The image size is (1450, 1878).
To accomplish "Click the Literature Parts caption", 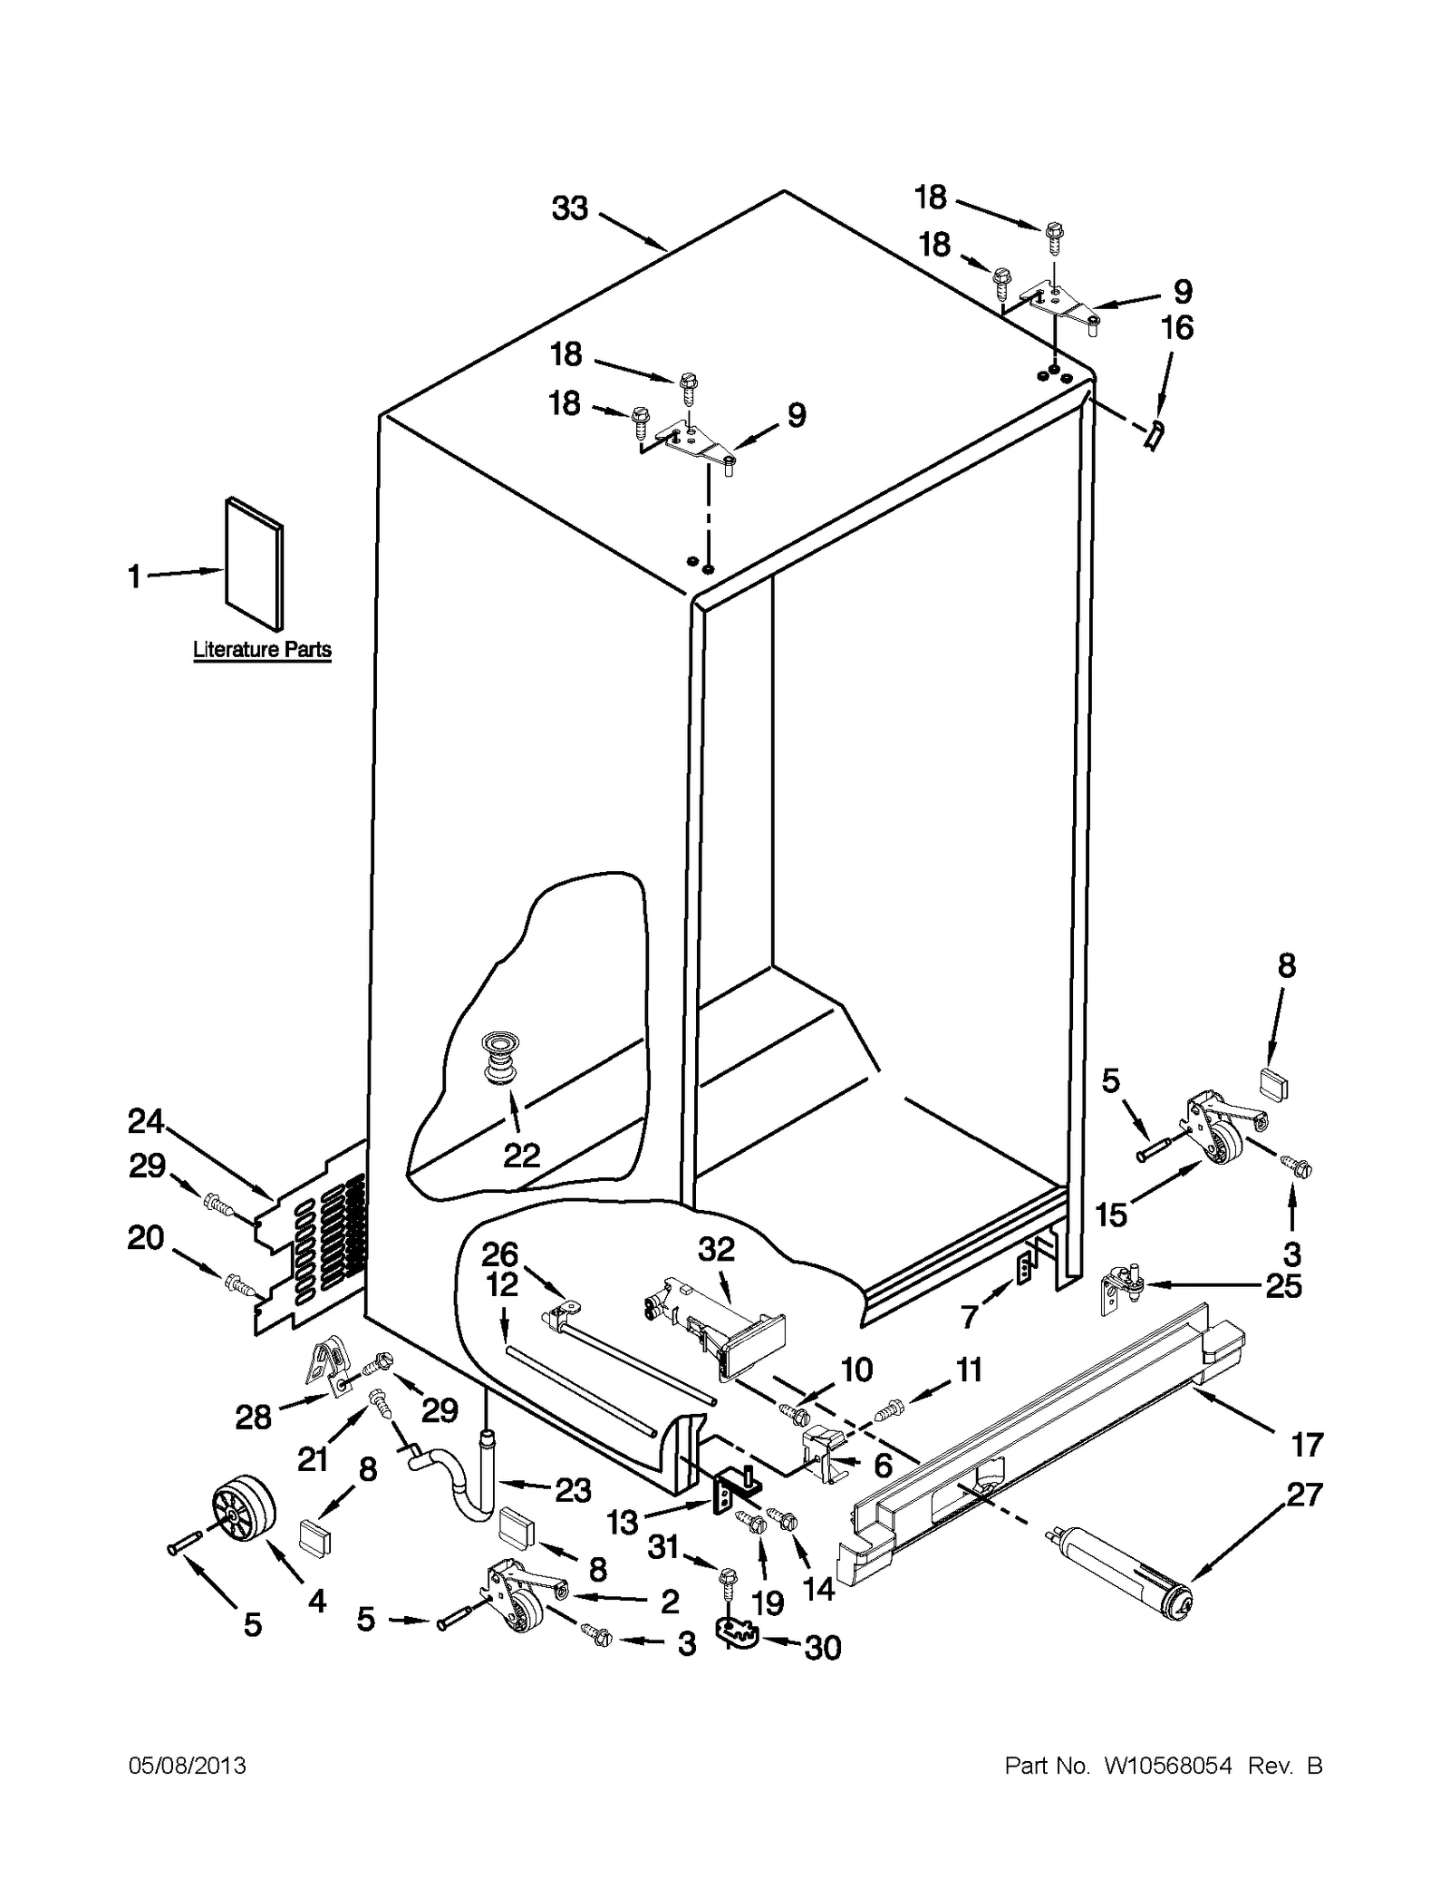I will [262, 650].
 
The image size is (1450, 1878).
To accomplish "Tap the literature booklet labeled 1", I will [254, 564].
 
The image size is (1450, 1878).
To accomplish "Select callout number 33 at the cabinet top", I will [570, 208].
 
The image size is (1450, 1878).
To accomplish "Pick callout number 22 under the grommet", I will [522, 1155].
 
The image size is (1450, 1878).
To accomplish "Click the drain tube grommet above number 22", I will [497, 1056].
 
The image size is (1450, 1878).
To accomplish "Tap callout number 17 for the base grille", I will [1307, 1444].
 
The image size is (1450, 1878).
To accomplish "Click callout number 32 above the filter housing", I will [716, 1249].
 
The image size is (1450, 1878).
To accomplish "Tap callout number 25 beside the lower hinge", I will [1283, 1286].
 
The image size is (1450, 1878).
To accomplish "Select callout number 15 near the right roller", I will [1111, 1215].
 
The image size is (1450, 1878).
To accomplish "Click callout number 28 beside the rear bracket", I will [253, 1417].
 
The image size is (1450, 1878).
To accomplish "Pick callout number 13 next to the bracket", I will [623, 1522].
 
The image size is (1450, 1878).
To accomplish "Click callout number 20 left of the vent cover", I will [145, 1237].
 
